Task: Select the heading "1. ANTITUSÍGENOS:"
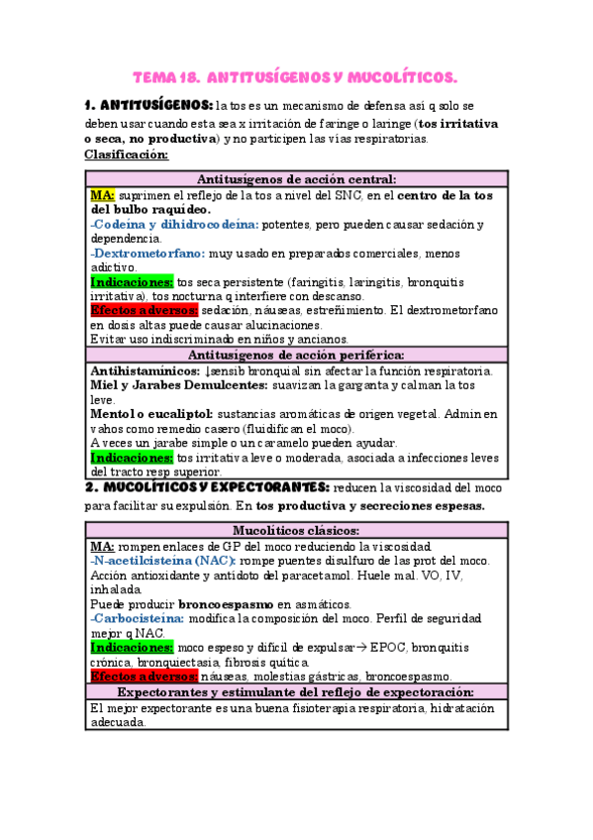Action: tap(148, 105)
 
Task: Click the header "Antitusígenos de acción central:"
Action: tap(297, 179)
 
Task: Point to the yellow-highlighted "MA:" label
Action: tap(102, 194)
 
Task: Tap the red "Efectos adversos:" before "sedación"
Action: tap(144, 310)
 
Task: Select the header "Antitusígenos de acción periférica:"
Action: tap(297, 355)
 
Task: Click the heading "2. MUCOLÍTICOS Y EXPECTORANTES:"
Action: tap(207, 487)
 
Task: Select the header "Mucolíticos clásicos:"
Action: tap(297, 531)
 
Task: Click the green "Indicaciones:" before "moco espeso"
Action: tap(132, 647)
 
